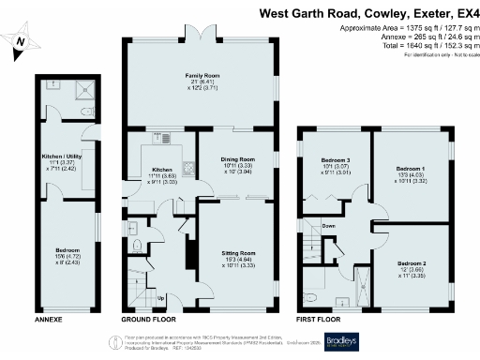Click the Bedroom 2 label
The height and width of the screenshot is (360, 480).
(412, 264)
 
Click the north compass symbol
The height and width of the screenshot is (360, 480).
(21, 43)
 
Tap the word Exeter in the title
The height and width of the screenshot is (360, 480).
(423, 13)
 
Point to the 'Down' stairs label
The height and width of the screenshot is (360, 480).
(329, 226)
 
